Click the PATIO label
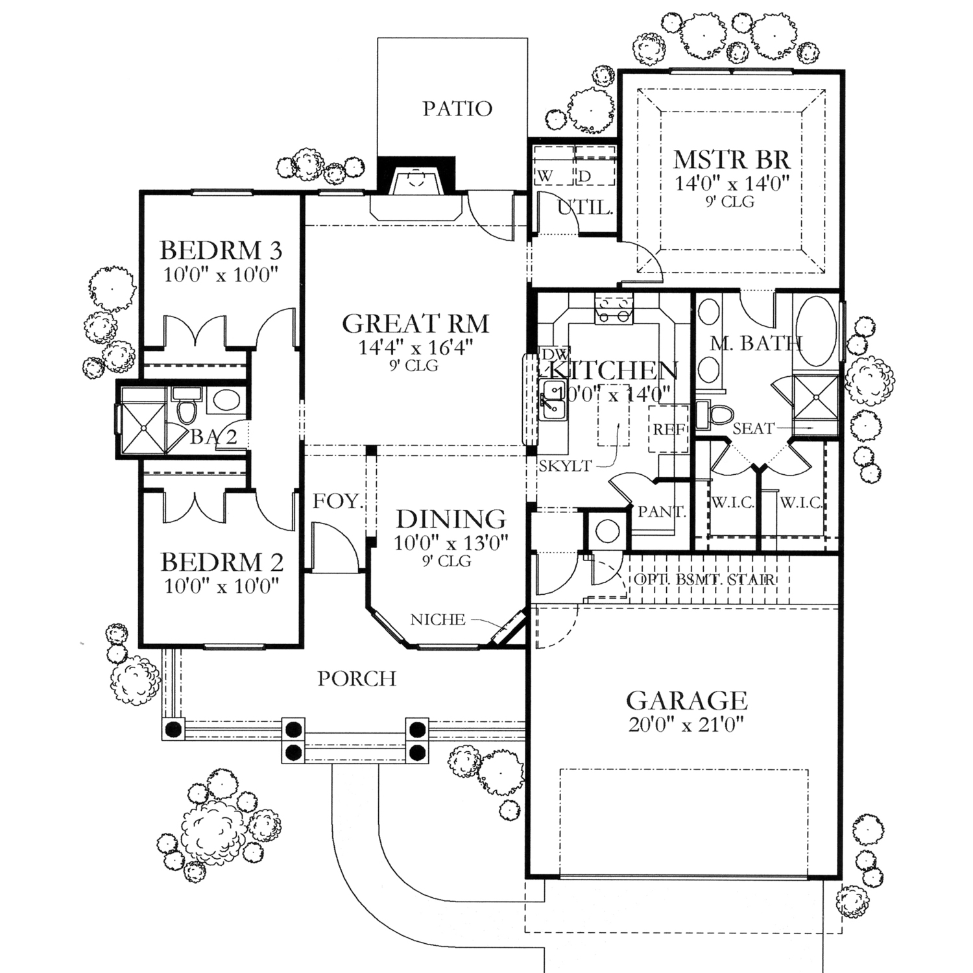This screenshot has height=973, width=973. click(x=457, y=108)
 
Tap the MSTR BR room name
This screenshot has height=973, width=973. click(x=731, y=160)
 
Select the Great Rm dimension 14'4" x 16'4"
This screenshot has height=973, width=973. click(x=415, y=348)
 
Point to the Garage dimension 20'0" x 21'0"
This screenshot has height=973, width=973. click(x=686, y=724)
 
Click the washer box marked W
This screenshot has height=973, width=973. click(x=546, y=176)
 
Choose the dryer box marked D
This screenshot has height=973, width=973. click(x=584, y=176)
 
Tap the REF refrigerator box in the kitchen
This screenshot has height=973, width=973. click(x=669, y=429)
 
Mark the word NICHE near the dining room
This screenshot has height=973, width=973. click(x=438, y=619)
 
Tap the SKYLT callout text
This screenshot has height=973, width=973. click(x=565, y=465)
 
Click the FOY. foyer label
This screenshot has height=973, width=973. click(x=336, y=501)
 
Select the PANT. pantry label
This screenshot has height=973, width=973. click(x=661, y=511)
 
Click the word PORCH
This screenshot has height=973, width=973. click(x=356, y=679)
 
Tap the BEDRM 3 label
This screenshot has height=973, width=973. click(x=221, y=250)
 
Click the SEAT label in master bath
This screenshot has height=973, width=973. click(x=753, y=428)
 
